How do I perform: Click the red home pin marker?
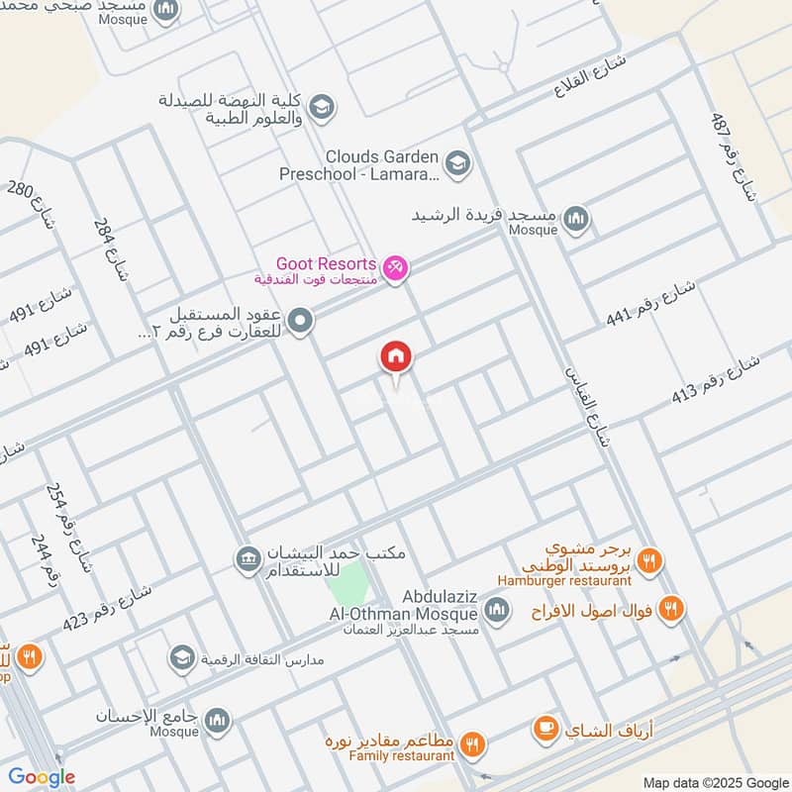click(396, 357)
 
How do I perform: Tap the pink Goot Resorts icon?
click(395, 268)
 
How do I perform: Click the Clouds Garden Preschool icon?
click(456, 161)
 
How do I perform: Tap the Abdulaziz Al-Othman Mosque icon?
click(497, 606)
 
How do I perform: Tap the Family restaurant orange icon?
click(473, 742)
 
